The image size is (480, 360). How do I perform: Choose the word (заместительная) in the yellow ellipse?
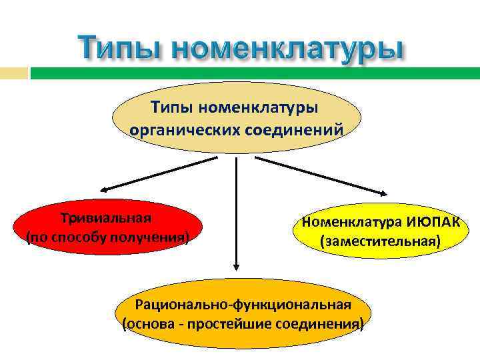tap(380, 241)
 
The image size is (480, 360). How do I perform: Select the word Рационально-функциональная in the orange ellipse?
tap(243, 305)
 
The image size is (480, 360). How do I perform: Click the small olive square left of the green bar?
tap(14, 73)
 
